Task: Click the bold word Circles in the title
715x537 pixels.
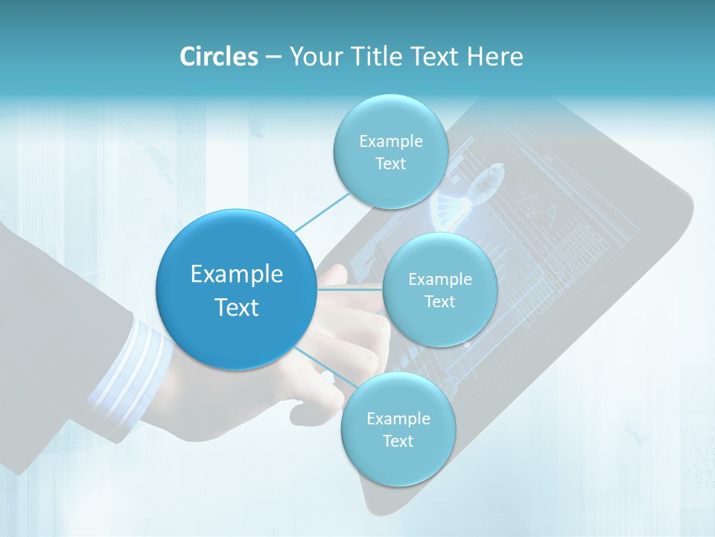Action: click(219, 57)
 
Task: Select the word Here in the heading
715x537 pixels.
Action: click(495, 57)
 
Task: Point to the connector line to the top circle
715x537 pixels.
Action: click(320, 213)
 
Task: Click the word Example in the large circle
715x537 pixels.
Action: click(237, 274)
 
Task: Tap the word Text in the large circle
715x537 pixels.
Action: click(237, 307)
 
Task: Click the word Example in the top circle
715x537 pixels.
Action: click(390, 141)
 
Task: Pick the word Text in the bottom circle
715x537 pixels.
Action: click(398, 441)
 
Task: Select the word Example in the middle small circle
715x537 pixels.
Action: click(439, 280)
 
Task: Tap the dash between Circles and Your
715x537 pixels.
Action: click(274, 57)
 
